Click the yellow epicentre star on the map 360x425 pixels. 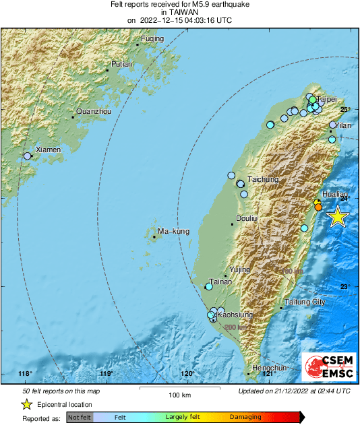(x=336, y=217)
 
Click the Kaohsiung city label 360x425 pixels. (x=234, y=315)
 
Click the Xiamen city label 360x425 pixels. (x=48, y=150)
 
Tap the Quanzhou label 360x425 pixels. (x=93, y=111)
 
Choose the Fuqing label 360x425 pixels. (x=152, y=38)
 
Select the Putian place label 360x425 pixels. (x=121, y=64)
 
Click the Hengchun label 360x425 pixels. (x=269, y=368)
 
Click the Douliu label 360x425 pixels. (x=247, y=218)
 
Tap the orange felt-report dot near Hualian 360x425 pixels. (x=318, y=207)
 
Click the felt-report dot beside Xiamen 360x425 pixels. (x=28, y=156)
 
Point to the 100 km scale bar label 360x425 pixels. (x=179, y=394)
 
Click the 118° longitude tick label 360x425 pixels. (x=25, y=373)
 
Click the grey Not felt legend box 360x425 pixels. (x=80, y=418)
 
